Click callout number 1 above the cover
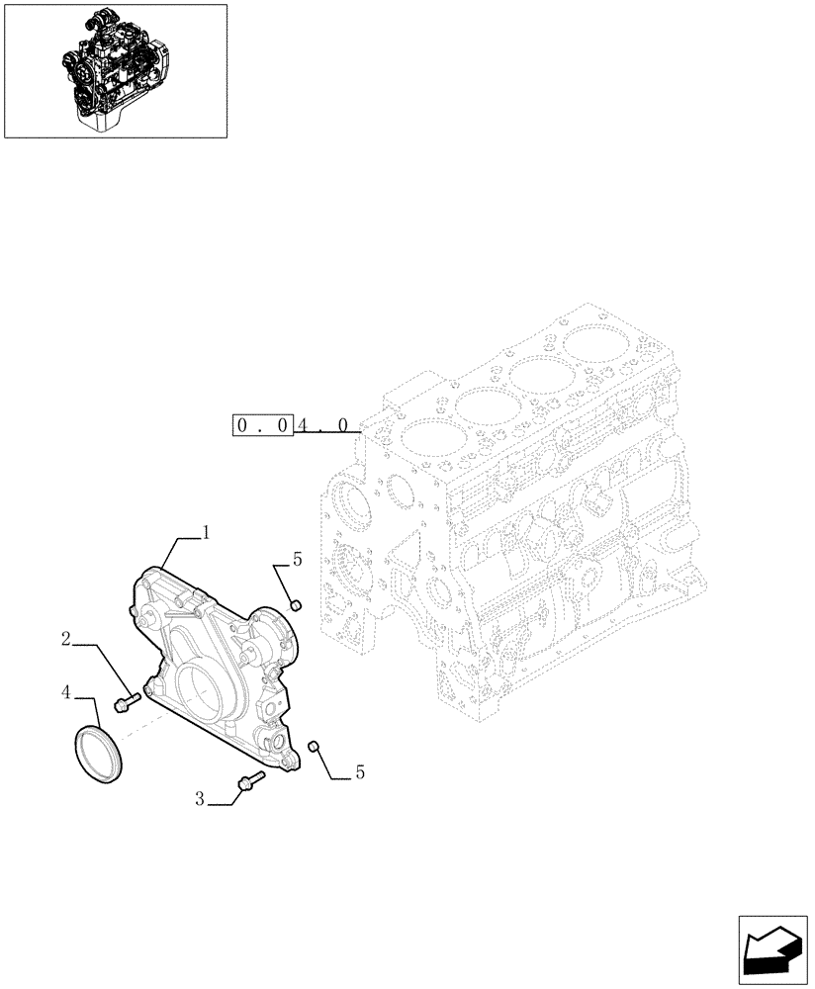[x=206, y=532]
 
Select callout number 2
[x=65, y=640]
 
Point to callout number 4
[x=65, y=692]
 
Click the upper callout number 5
[x=297, y=560]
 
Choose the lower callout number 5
[x=359, y=772]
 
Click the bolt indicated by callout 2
[x=126, y=703]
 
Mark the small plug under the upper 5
[x=294, y=605]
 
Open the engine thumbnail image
[x=115, y=70]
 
